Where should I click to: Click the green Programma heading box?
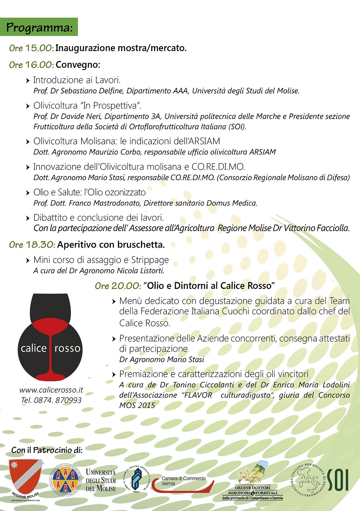click(x=40, y=28)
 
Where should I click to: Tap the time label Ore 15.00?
click(x=31, y=48)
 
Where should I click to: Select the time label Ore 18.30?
click(x=32, y=244)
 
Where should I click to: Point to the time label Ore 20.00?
click(x=118, y=286)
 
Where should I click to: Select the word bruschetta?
click(x=143, y=244)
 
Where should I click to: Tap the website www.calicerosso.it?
click(x=51, y=390)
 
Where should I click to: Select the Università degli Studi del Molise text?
click(x=101, y=480)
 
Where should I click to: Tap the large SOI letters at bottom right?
click(x=340, y=479)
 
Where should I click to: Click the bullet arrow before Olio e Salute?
click(x=28, y=193)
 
